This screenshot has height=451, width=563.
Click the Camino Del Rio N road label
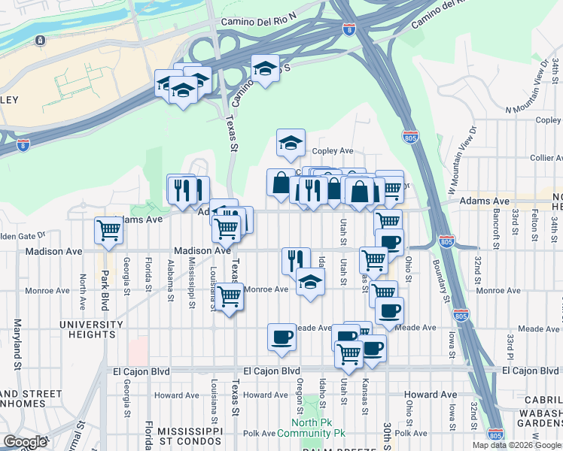[259, 22]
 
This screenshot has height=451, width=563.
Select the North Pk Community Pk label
[311, 427]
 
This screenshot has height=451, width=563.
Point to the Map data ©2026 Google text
[516, 445]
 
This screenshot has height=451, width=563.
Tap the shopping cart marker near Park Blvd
[108, 232]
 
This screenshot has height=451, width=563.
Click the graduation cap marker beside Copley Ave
[291, 144]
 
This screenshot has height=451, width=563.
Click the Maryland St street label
[16, 344]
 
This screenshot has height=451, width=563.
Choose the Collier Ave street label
[546, 158]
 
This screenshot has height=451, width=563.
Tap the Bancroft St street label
[496, 225]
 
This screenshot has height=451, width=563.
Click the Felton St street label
[535, 226]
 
